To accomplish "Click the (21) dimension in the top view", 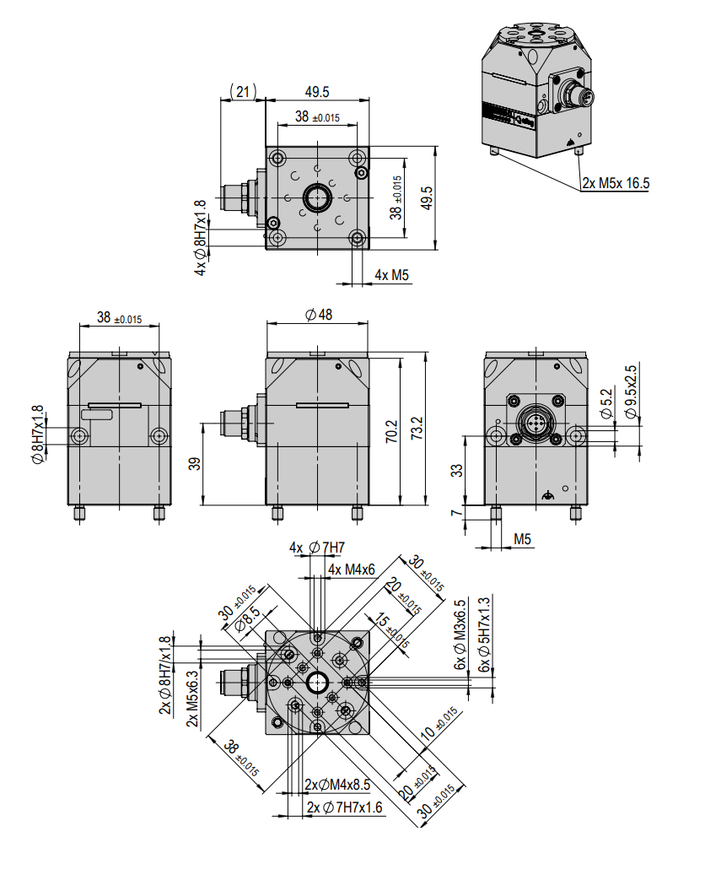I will (x=242, y=92).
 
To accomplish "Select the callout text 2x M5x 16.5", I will (x=616, y=183).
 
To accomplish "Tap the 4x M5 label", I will (x=391, y=275).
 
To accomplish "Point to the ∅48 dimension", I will (x=318, y=315).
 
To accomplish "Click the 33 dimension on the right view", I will (x=457, y=470).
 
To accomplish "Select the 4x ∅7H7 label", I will (x=317, y=548).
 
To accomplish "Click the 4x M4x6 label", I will (x=352, y=570).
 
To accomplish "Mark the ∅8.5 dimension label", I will (x=247, y=622).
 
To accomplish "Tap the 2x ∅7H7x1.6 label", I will (x=344, y=807).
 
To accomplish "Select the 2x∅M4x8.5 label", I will (x=340, y=785).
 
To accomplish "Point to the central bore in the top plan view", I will (x=318, y=198).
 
